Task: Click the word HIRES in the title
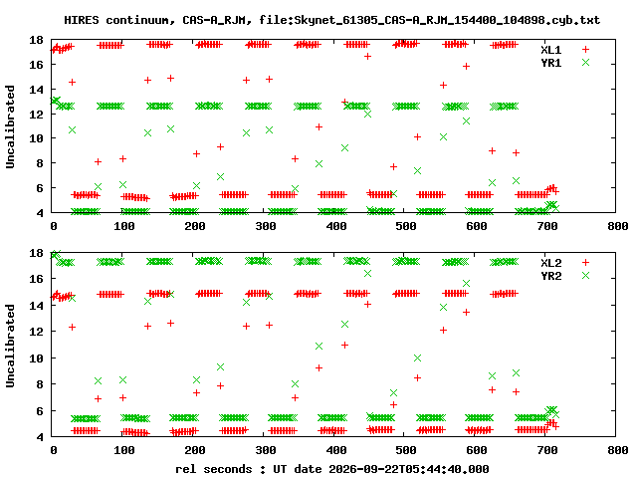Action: pos(82,20)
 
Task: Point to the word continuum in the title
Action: pos(137,20)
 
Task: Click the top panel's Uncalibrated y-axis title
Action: pos(10,126)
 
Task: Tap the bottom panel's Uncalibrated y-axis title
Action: pos(10,346)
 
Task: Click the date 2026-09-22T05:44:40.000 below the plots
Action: pos(409,469)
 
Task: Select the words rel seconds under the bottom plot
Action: pos(214,469)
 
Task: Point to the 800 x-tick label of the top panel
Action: pos(617,226)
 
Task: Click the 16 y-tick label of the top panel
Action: pos(36,65)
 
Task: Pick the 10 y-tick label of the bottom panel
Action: pos(36,358)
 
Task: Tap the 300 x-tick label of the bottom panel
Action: pos(266,450)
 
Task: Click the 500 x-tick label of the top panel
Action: pos(406,226)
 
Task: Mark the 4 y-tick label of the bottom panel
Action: pos(40,437)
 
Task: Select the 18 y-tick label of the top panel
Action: pos(36,40)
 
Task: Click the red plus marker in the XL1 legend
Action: pos(585,50)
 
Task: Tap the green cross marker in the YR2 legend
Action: pos(585,276)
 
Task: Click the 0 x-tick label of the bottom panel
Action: pos(54,450)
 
